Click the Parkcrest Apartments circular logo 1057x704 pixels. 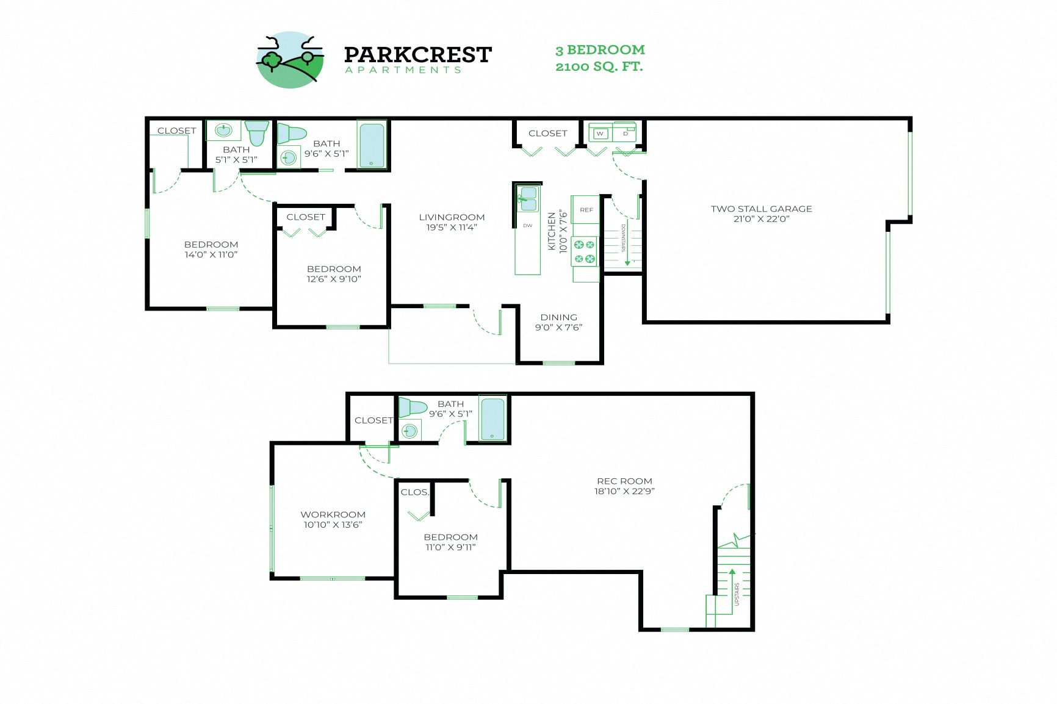[290, 60]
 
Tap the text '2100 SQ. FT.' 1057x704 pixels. [599, 66]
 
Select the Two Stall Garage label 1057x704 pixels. [761, 209]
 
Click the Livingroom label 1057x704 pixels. [452, 217]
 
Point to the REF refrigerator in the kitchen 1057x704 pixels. [586, 210]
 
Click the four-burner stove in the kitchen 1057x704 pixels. [584, 252]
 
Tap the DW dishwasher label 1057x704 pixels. [527, 226]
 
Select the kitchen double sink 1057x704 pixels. [527, 199]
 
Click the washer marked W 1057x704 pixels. [601, 134]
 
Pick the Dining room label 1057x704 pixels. [558, 317]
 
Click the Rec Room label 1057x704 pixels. [624, 481]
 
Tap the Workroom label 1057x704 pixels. [333, 514]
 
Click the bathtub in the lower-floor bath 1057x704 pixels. [492, 418]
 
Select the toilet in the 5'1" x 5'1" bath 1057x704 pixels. [258, 132]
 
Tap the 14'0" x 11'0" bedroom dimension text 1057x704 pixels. [211, 254]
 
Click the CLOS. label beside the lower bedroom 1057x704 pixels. [414, 492]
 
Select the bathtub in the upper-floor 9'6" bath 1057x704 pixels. [372, 145]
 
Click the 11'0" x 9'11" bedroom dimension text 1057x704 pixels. [450, 547]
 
